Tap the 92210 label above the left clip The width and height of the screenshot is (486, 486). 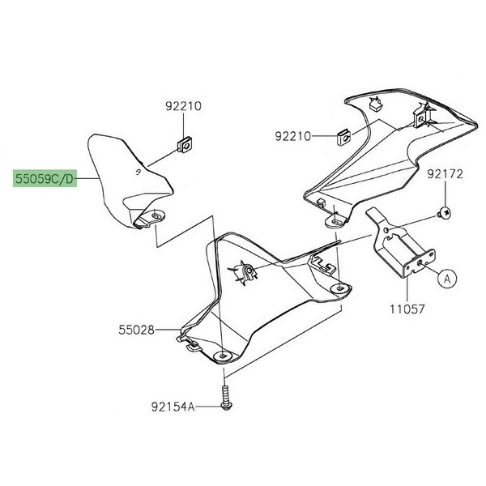184,105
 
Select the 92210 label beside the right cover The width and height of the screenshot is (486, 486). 292,136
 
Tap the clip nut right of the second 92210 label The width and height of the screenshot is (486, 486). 343,135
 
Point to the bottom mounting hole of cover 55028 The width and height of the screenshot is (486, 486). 224,356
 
